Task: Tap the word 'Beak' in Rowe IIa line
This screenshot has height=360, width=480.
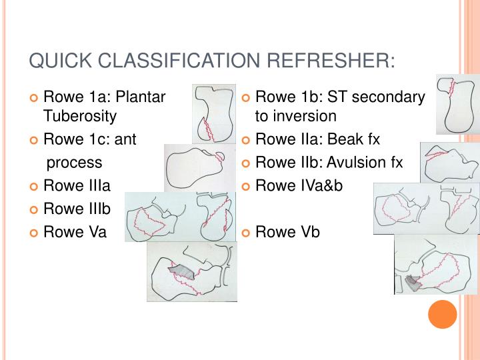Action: point(345,139)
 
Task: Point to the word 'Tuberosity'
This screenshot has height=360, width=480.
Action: point(80,116)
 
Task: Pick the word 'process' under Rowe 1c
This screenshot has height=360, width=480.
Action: point(74,162)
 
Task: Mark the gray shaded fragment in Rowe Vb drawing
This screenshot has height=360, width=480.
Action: point(414,283)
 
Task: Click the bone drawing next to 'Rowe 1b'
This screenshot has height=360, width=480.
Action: point(457,104)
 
